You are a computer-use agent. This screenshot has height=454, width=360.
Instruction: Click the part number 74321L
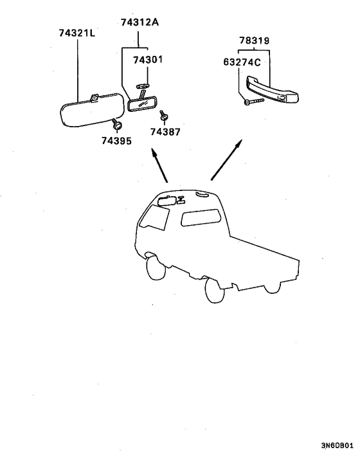click(x=77, y=33)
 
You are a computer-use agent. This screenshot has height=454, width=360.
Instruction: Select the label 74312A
click(x=139, y=22)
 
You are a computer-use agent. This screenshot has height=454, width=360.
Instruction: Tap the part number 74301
click(x=148, y=60)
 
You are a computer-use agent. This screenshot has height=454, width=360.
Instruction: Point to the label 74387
click(x=165, y=132)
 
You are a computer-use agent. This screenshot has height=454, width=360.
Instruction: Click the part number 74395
click(x=116, y=141)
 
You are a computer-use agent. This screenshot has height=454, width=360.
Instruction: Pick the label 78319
click(x=255, y=41)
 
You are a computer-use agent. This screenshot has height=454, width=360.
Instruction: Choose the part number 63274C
click(x=242, y=62)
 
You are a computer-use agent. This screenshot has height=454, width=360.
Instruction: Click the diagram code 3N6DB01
click(x=337, y=445)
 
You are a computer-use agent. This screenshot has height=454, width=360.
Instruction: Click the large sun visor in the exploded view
click(x=91, y=110)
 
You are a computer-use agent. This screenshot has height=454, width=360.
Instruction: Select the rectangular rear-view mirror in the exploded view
click(x=142, y=104)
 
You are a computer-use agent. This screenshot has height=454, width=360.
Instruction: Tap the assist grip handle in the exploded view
click(x=272, y=90)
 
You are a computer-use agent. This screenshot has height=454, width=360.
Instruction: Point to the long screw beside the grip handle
click(x=254, y=102)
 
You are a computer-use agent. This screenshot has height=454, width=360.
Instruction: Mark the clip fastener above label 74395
click(x=117, y=124)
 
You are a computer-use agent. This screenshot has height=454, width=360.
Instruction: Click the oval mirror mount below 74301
click(x=143, y=86)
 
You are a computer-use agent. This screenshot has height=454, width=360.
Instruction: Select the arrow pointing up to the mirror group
click(x=159, y=165)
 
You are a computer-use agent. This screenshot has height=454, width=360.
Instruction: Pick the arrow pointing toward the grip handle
click(x=226, y=160)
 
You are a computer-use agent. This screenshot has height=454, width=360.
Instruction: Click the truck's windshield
click(x=154, y=217)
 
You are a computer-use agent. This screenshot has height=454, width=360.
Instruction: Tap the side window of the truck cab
click(x=201, y=217)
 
